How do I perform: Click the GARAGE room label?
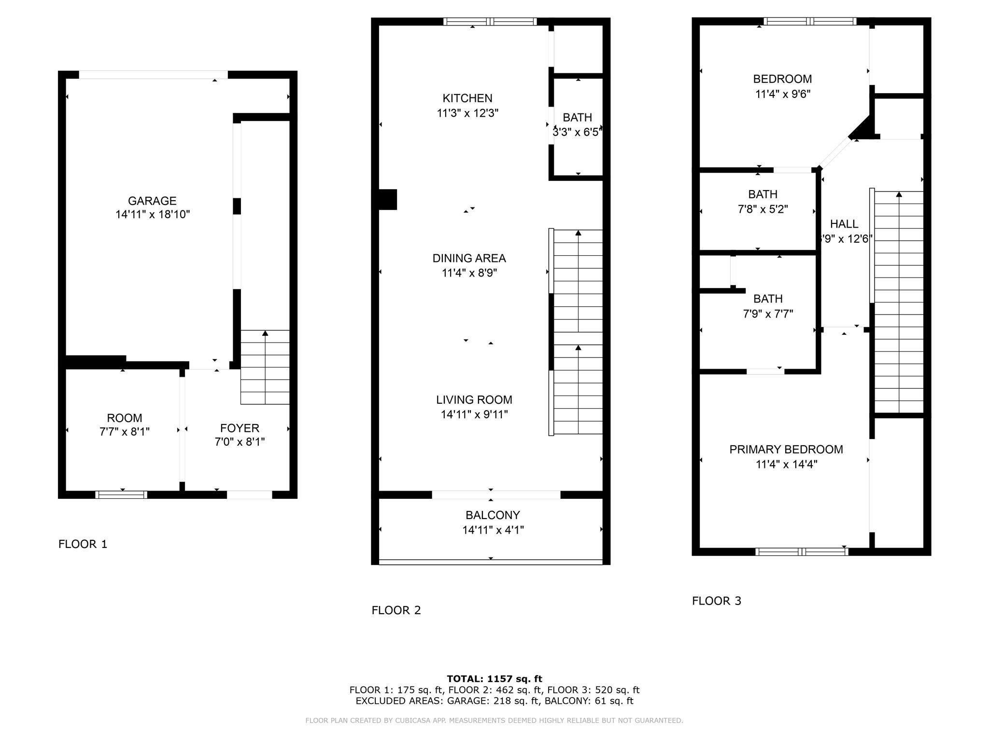[x=152, y=201]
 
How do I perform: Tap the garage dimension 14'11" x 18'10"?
[x=153, y=215]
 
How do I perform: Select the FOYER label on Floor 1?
[x=240, y=428]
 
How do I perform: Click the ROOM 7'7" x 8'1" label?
[x=125, y=418]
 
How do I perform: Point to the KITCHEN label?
[x=467, y=98]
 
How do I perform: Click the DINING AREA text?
[x=469, y=258]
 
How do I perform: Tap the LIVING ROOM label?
[x=474, y=399]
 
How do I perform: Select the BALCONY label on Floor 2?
[x=493, y=515]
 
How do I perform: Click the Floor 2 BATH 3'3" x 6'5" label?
[x=577, y=118]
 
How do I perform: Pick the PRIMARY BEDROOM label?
[x=786, y=450]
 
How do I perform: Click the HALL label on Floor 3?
[x=844, y=224]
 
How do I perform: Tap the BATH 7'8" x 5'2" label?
[x=763, y=194]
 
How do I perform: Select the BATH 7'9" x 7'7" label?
[x=768, y=299]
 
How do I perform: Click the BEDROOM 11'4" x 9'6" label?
[x=782, y=79]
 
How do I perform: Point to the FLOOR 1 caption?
[x=83, y=544]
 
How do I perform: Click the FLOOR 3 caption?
[x=716, y=601]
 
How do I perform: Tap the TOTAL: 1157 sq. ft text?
[x=494, y=679]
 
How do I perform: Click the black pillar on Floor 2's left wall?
[x=387, y=200]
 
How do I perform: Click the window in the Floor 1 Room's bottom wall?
[x=121, y=494]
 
